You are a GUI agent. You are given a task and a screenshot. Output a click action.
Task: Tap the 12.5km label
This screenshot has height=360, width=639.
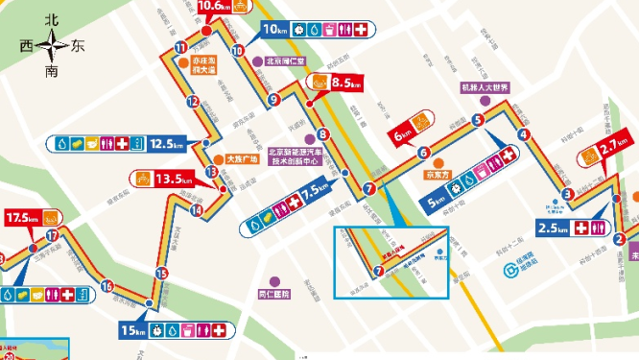click(165, 144)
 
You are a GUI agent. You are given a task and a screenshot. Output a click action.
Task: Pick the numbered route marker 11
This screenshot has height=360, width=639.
click(180, 48)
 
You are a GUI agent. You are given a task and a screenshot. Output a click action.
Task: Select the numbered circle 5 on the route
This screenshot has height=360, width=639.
click(477, 120)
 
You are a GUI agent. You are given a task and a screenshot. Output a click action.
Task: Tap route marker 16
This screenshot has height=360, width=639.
click(106, 285)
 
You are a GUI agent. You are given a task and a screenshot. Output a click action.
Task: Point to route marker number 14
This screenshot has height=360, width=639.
click(196, 210)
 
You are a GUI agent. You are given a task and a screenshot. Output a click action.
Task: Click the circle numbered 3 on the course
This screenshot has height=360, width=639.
click(568, 194)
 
